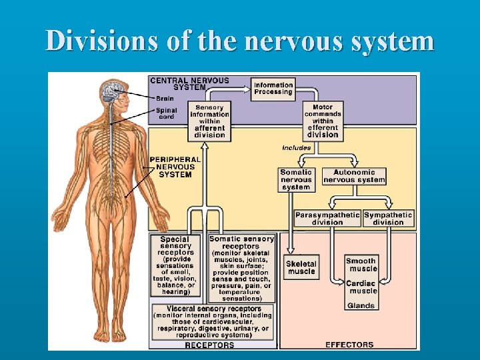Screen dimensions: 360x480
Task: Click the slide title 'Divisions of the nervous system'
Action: click(x=240, y=41)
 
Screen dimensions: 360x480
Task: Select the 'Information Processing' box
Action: click(x=273, y=89)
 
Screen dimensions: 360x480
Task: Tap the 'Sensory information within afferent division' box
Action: click(x=210, y=121)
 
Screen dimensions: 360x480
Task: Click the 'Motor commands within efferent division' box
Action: click(x=323, y=121)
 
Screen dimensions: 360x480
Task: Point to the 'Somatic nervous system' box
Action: click(x=296, y=180)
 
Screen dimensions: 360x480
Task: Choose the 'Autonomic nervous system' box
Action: click(x=354, y=176)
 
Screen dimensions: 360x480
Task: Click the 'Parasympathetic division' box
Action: click(x=327, y=218)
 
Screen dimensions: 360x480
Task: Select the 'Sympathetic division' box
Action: click(x=388, y=218)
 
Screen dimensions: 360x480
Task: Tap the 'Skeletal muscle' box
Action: click(x=301, y=267)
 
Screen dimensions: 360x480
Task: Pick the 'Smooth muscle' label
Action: click(x=361, y=265)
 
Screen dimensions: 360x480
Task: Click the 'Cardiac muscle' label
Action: click(x=361, y=287)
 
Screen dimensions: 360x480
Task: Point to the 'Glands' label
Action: click(x=361, y=306)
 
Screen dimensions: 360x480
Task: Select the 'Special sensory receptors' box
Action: click(x=175, y=265)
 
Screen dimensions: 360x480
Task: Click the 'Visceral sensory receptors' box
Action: click(x=213, y=323)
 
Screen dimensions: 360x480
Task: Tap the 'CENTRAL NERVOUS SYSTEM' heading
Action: click(x=189, y=83)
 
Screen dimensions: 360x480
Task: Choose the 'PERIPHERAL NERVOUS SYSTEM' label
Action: click(x=175, y=167)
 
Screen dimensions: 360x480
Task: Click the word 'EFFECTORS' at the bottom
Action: click(x=349, y=345)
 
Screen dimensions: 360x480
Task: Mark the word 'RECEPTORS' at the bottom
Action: click(x=209, y=345)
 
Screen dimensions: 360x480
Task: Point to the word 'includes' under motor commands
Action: click(x=296, y=147)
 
